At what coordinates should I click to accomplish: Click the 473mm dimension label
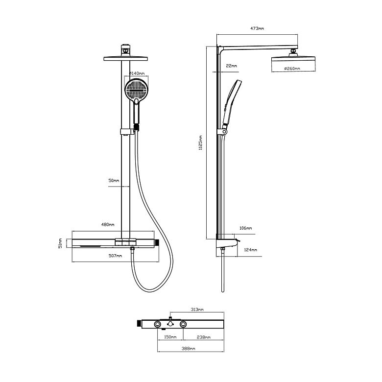257,28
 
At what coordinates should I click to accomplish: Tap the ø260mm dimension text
292,69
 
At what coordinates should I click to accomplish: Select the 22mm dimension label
231,66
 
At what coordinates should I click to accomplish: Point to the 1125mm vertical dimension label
200,143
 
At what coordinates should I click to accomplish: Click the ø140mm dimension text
137,73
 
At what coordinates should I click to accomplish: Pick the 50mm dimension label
114,181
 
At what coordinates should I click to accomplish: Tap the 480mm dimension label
108,224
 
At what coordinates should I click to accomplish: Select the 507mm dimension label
115,256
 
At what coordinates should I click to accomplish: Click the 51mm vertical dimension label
60,243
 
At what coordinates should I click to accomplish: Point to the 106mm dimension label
245,228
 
